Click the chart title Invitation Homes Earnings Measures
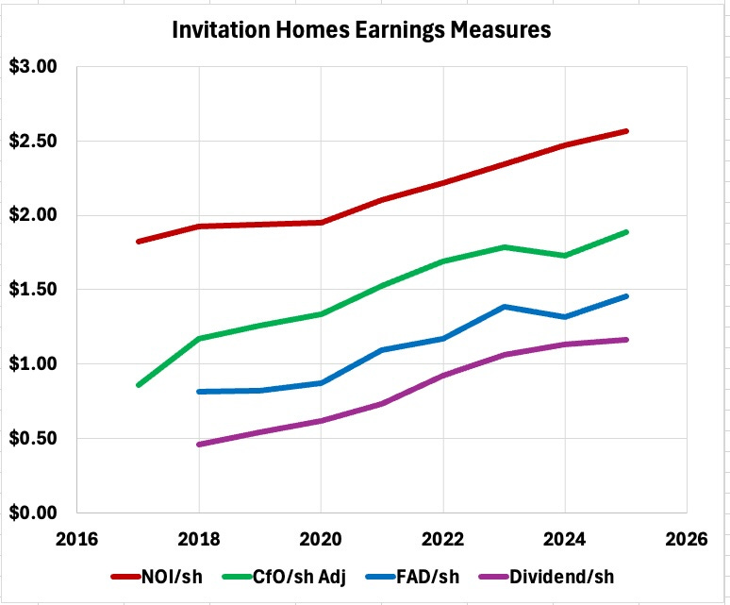(x=360, y=29)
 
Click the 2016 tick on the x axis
(x=76, y=539)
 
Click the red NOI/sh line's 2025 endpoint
(x=626, y=131)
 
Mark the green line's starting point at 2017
(x=138, y=385)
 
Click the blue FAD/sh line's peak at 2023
(x=505, y=307)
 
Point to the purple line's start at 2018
(x=198, y=444)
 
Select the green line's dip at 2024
(x=565, y=255)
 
